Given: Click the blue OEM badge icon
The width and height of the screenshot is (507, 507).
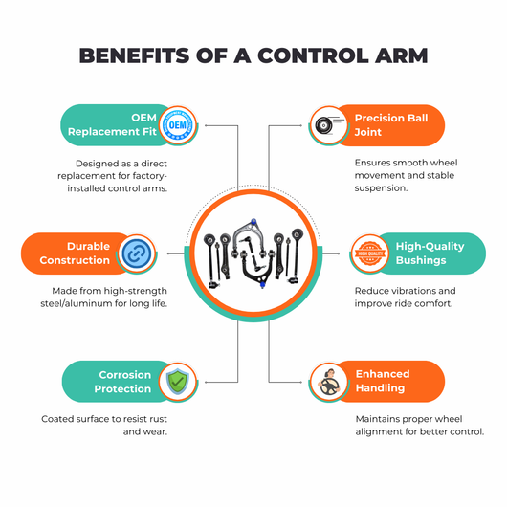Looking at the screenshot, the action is (178, 125).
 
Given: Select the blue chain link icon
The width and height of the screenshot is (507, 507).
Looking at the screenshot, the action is (137, 253).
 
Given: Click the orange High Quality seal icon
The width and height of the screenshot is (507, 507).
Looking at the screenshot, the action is (370, 253).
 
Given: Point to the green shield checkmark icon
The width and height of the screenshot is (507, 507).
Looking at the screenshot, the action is (178, 382).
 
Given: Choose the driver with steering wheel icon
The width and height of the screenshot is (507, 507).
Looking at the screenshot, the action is (329, 383).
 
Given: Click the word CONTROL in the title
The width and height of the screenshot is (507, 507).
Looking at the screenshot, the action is (313, 55).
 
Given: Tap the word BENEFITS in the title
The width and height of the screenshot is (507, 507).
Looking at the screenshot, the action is (134, 55).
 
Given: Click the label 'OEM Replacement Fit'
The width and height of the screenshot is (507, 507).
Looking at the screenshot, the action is (112, 124).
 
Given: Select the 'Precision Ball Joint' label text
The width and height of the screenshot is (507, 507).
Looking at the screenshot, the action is (391, 125).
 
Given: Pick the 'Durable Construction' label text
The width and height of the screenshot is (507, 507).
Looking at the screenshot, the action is (75, 253).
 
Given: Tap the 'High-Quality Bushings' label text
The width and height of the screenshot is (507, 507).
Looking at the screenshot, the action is (430, 253).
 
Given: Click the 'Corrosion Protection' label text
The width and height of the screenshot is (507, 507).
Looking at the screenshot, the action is (122, 382).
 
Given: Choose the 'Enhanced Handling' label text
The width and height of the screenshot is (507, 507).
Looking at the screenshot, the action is (383, 381).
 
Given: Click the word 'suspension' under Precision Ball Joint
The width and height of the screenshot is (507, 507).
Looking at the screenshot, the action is (381, 188).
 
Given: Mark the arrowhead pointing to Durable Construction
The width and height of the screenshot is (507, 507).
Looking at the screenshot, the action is (168, 253).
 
